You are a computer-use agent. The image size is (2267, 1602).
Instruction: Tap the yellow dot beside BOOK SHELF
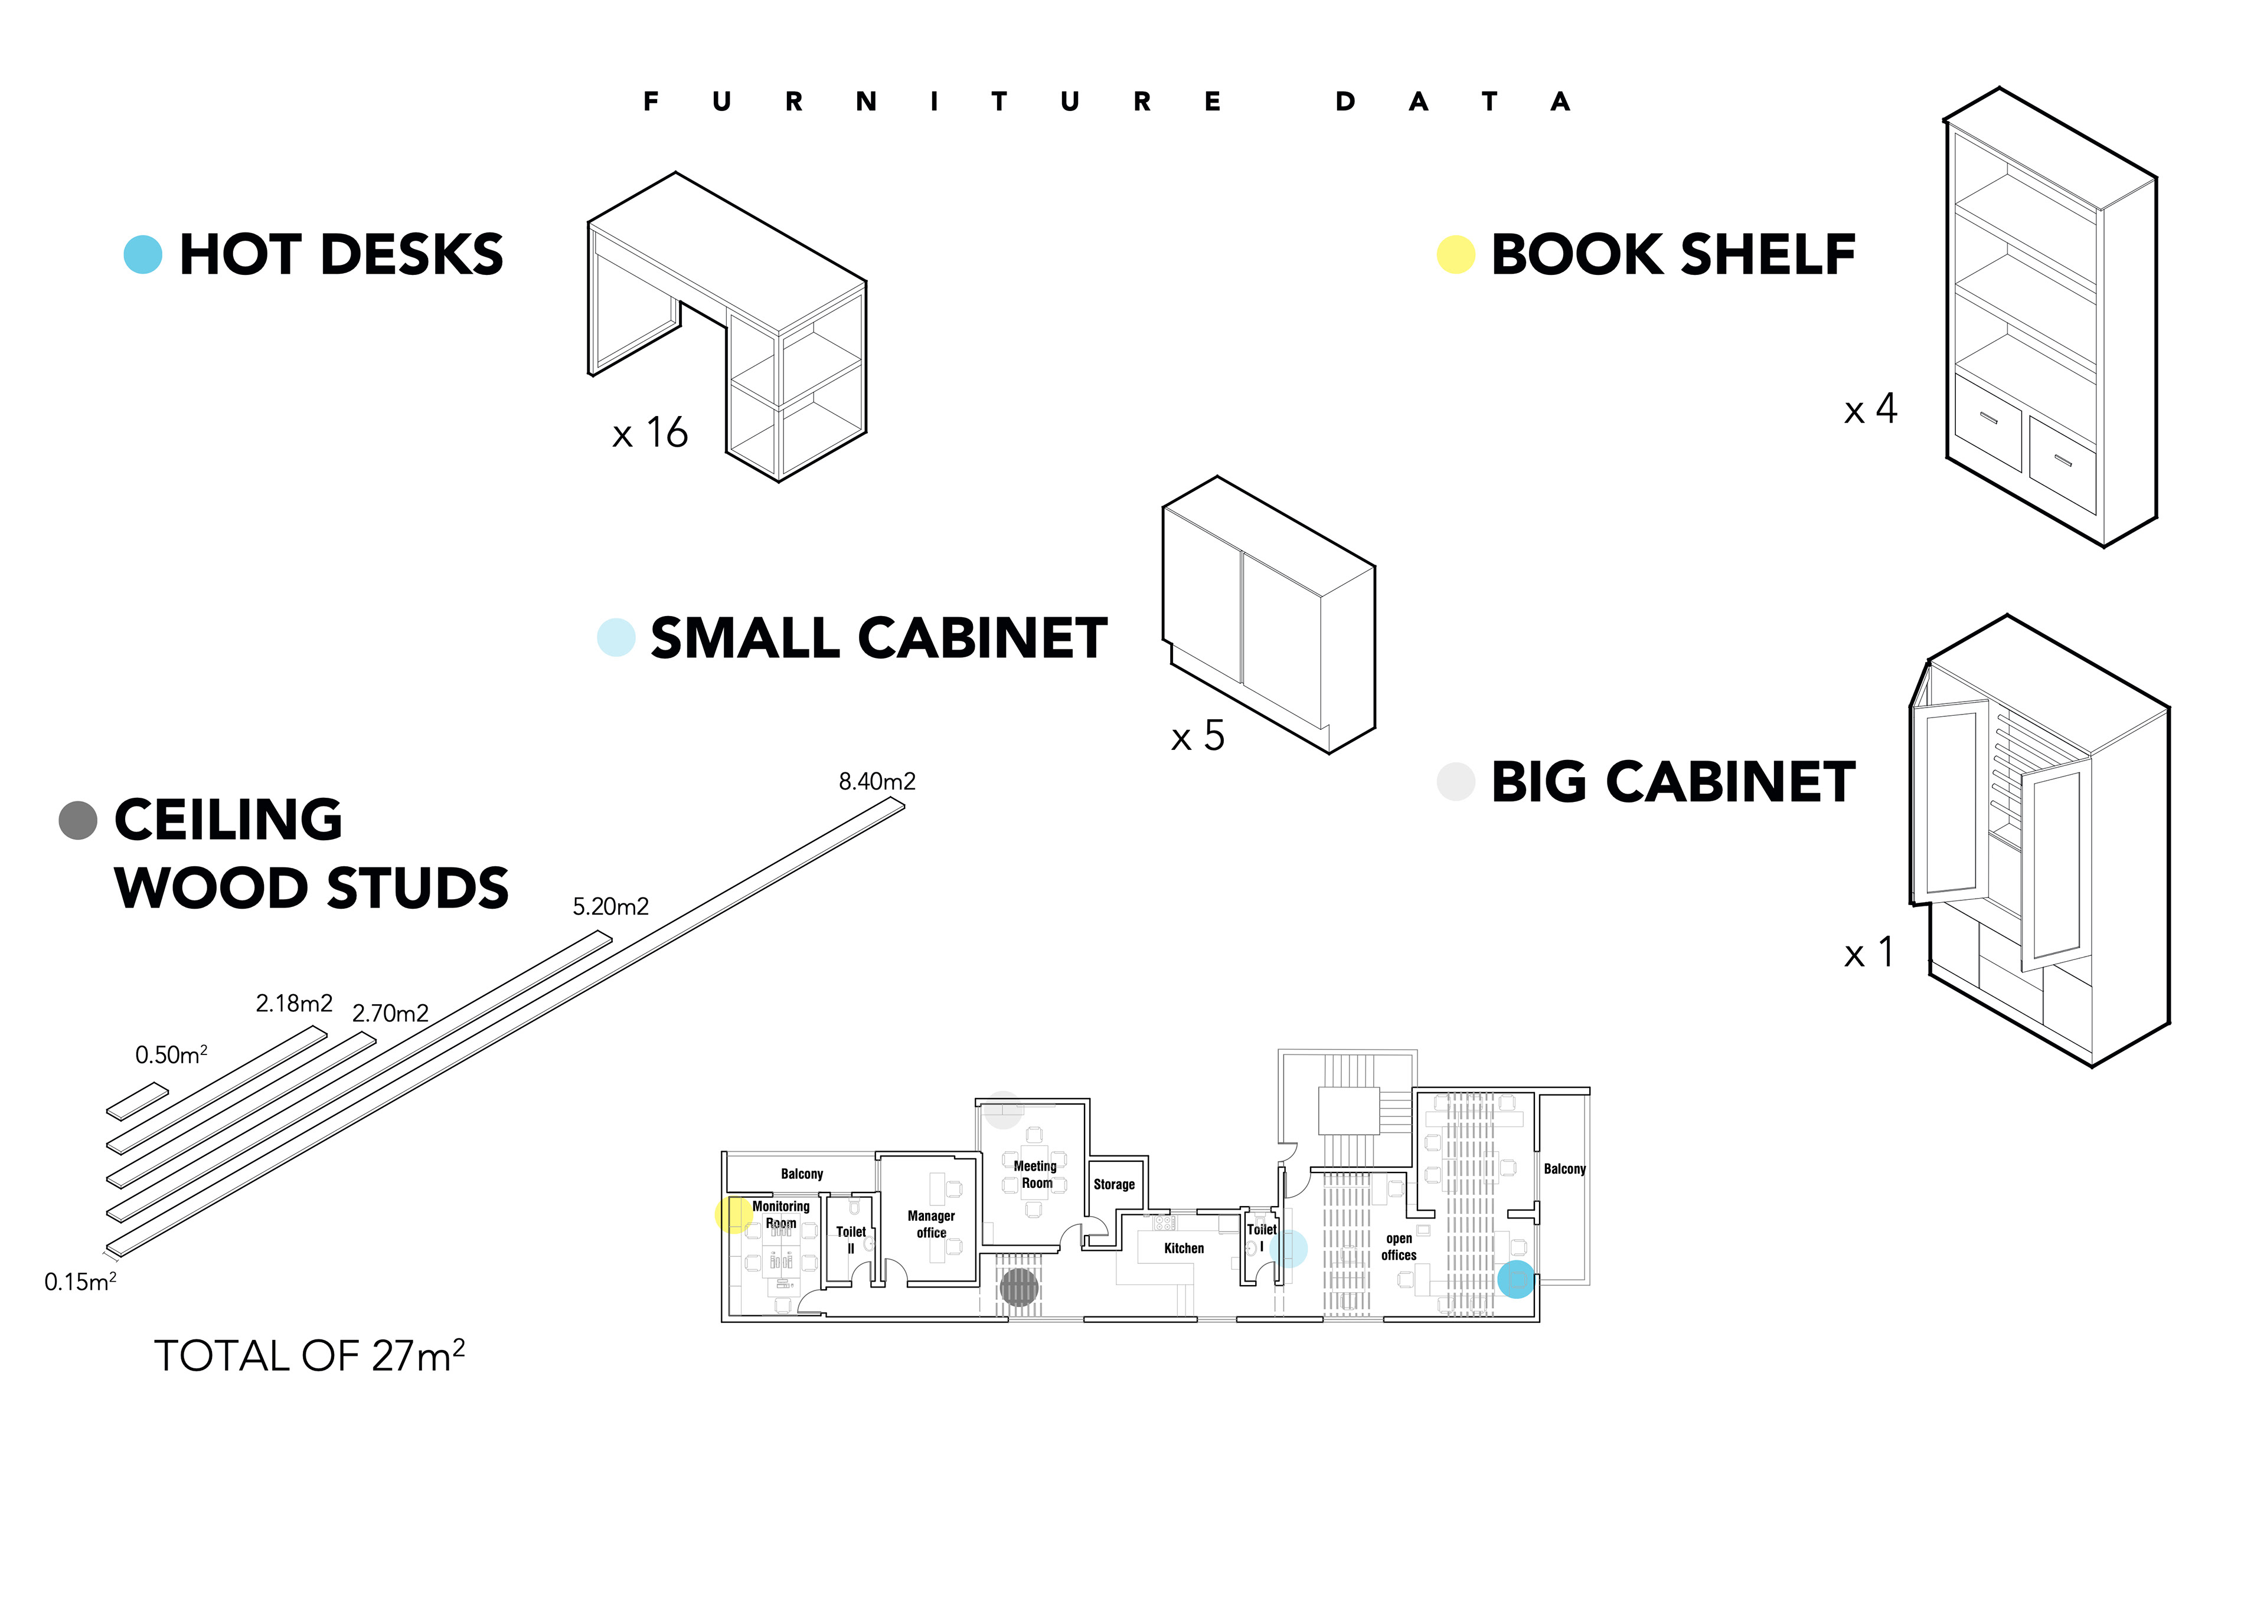[1455, 255]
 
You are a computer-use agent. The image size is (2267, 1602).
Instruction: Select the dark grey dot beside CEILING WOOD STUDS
[78, 820]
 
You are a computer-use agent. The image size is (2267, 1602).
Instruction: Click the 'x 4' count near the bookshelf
[1870, 409]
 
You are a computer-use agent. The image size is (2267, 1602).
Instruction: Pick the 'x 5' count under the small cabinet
[1198, 736]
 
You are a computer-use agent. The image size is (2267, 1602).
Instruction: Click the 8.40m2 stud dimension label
[877, 782]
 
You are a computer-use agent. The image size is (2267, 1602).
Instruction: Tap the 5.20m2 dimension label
[610, 907]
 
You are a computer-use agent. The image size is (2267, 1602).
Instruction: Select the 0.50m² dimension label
[171, 1054]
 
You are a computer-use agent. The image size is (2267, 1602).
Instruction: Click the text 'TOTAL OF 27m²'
[309, 1356]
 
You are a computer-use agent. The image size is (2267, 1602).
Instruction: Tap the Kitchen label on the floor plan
[1184, 1249]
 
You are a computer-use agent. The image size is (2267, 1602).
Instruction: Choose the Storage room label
[1114, 1184]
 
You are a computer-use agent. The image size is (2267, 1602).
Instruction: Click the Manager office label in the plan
[931, 1224]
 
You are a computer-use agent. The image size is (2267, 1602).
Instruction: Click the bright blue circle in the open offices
[1515, 1279]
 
